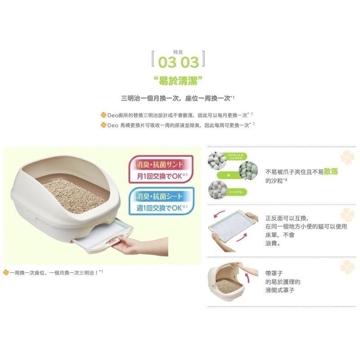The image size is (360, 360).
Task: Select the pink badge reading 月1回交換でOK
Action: [161, 168]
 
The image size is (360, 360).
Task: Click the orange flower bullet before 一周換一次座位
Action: [6, 272]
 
